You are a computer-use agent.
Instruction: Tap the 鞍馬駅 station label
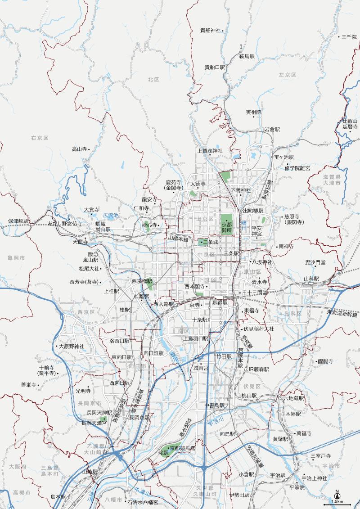click(x=247, y=57)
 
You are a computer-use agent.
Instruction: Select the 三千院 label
click(x=349, y=37)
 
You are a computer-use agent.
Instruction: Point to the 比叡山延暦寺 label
click(x=350, y=124)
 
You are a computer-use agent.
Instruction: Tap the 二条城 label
click(x=210, y=242)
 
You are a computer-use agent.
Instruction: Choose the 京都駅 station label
click(x=220, y=302)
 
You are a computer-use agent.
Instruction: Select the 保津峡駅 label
click(x=18, y=221)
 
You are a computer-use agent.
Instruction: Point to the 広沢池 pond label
click(x=110, y=215)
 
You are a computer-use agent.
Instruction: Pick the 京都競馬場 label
click(x=182, y=449)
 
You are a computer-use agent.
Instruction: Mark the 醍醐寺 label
click(x=325, y=361)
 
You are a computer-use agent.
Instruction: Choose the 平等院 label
click(x=297, y=487)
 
